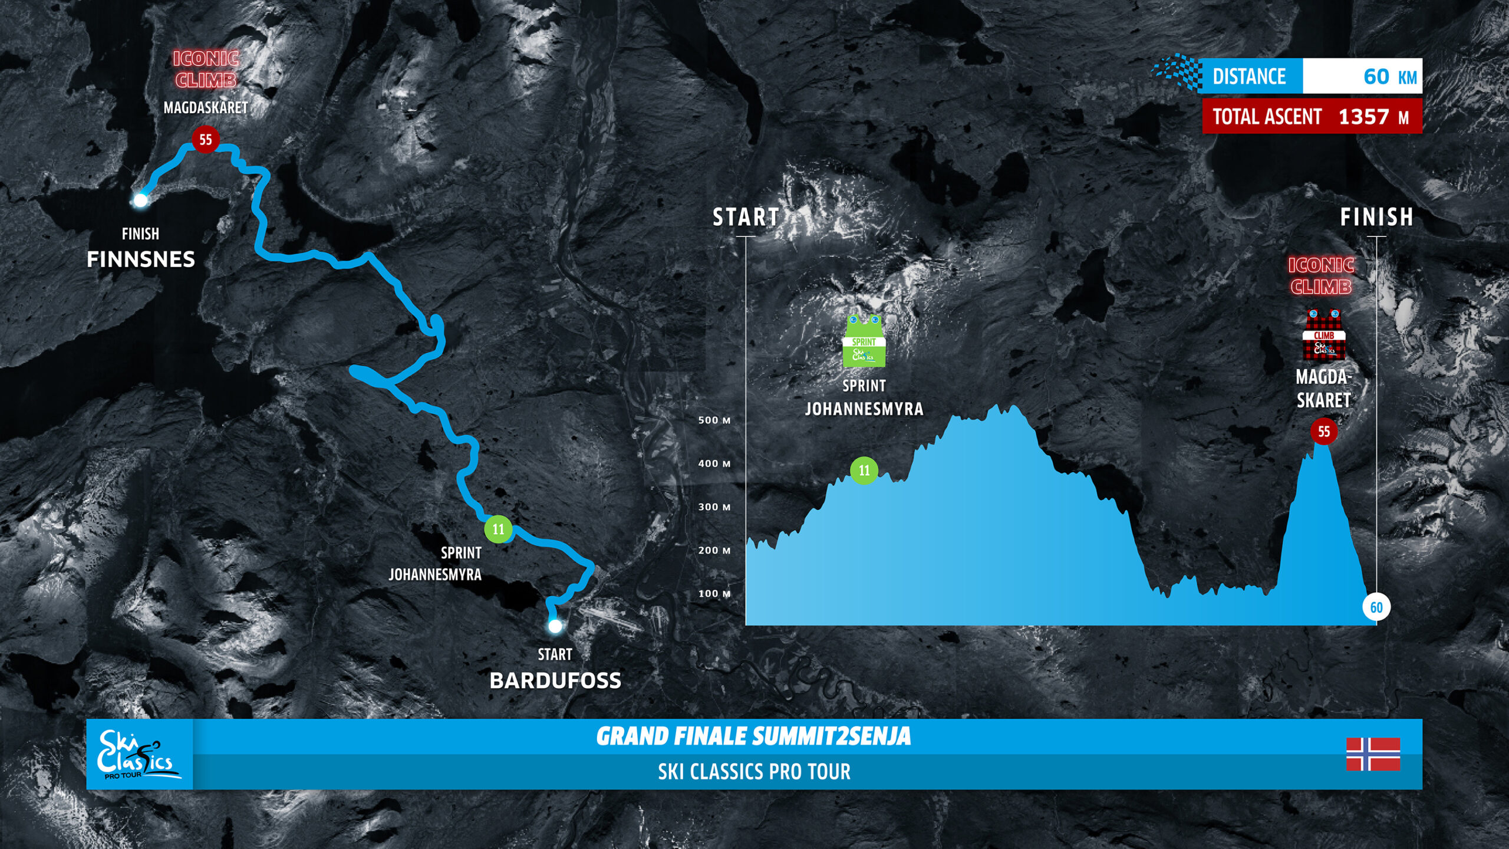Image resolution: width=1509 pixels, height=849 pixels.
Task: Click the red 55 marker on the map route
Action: tap(205, 140)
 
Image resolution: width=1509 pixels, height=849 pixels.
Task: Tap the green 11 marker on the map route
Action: tap(499, 529)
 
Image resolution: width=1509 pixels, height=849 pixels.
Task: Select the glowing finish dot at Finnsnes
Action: tap(140, 200)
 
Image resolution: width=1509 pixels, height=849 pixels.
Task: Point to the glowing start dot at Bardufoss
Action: tap(555, 626)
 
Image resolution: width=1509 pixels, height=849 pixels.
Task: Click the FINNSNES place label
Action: tap(141, 259)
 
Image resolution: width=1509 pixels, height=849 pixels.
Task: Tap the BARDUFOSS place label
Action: tap(555, 681)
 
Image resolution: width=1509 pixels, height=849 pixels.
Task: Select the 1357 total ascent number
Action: tap(1363, 117)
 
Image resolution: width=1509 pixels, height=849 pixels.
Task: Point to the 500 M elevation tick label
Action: tap(714, 420)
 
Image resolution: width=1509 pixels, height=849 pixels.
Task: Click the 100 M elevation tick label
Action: tap(714, 594)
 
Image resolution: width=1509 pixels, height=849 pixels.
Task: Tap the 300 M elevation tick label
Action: tap(714, 507)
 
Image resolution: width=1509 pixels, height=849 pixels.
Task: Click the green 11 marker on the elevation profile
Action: tap(864, 470)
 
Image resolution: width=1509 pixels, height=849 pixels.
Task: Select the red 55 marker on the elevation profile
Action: tap(1324, 432)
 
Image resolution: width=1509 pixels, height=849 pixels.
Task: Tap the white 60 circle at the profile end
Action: tap(1376, 607)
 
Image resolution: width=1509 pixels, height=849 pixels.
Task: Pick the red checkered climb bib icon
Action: tap(1324, 335)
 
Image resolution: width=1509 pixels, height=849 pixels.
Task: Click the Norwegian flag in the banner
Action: tap(1373, 754)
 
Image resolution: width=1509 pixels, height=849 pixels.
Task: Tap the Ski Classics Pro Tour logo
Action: tap(139, 755)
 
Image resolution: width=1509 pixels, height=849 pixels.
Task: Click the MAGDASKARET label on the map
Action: tap(205, 108)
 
